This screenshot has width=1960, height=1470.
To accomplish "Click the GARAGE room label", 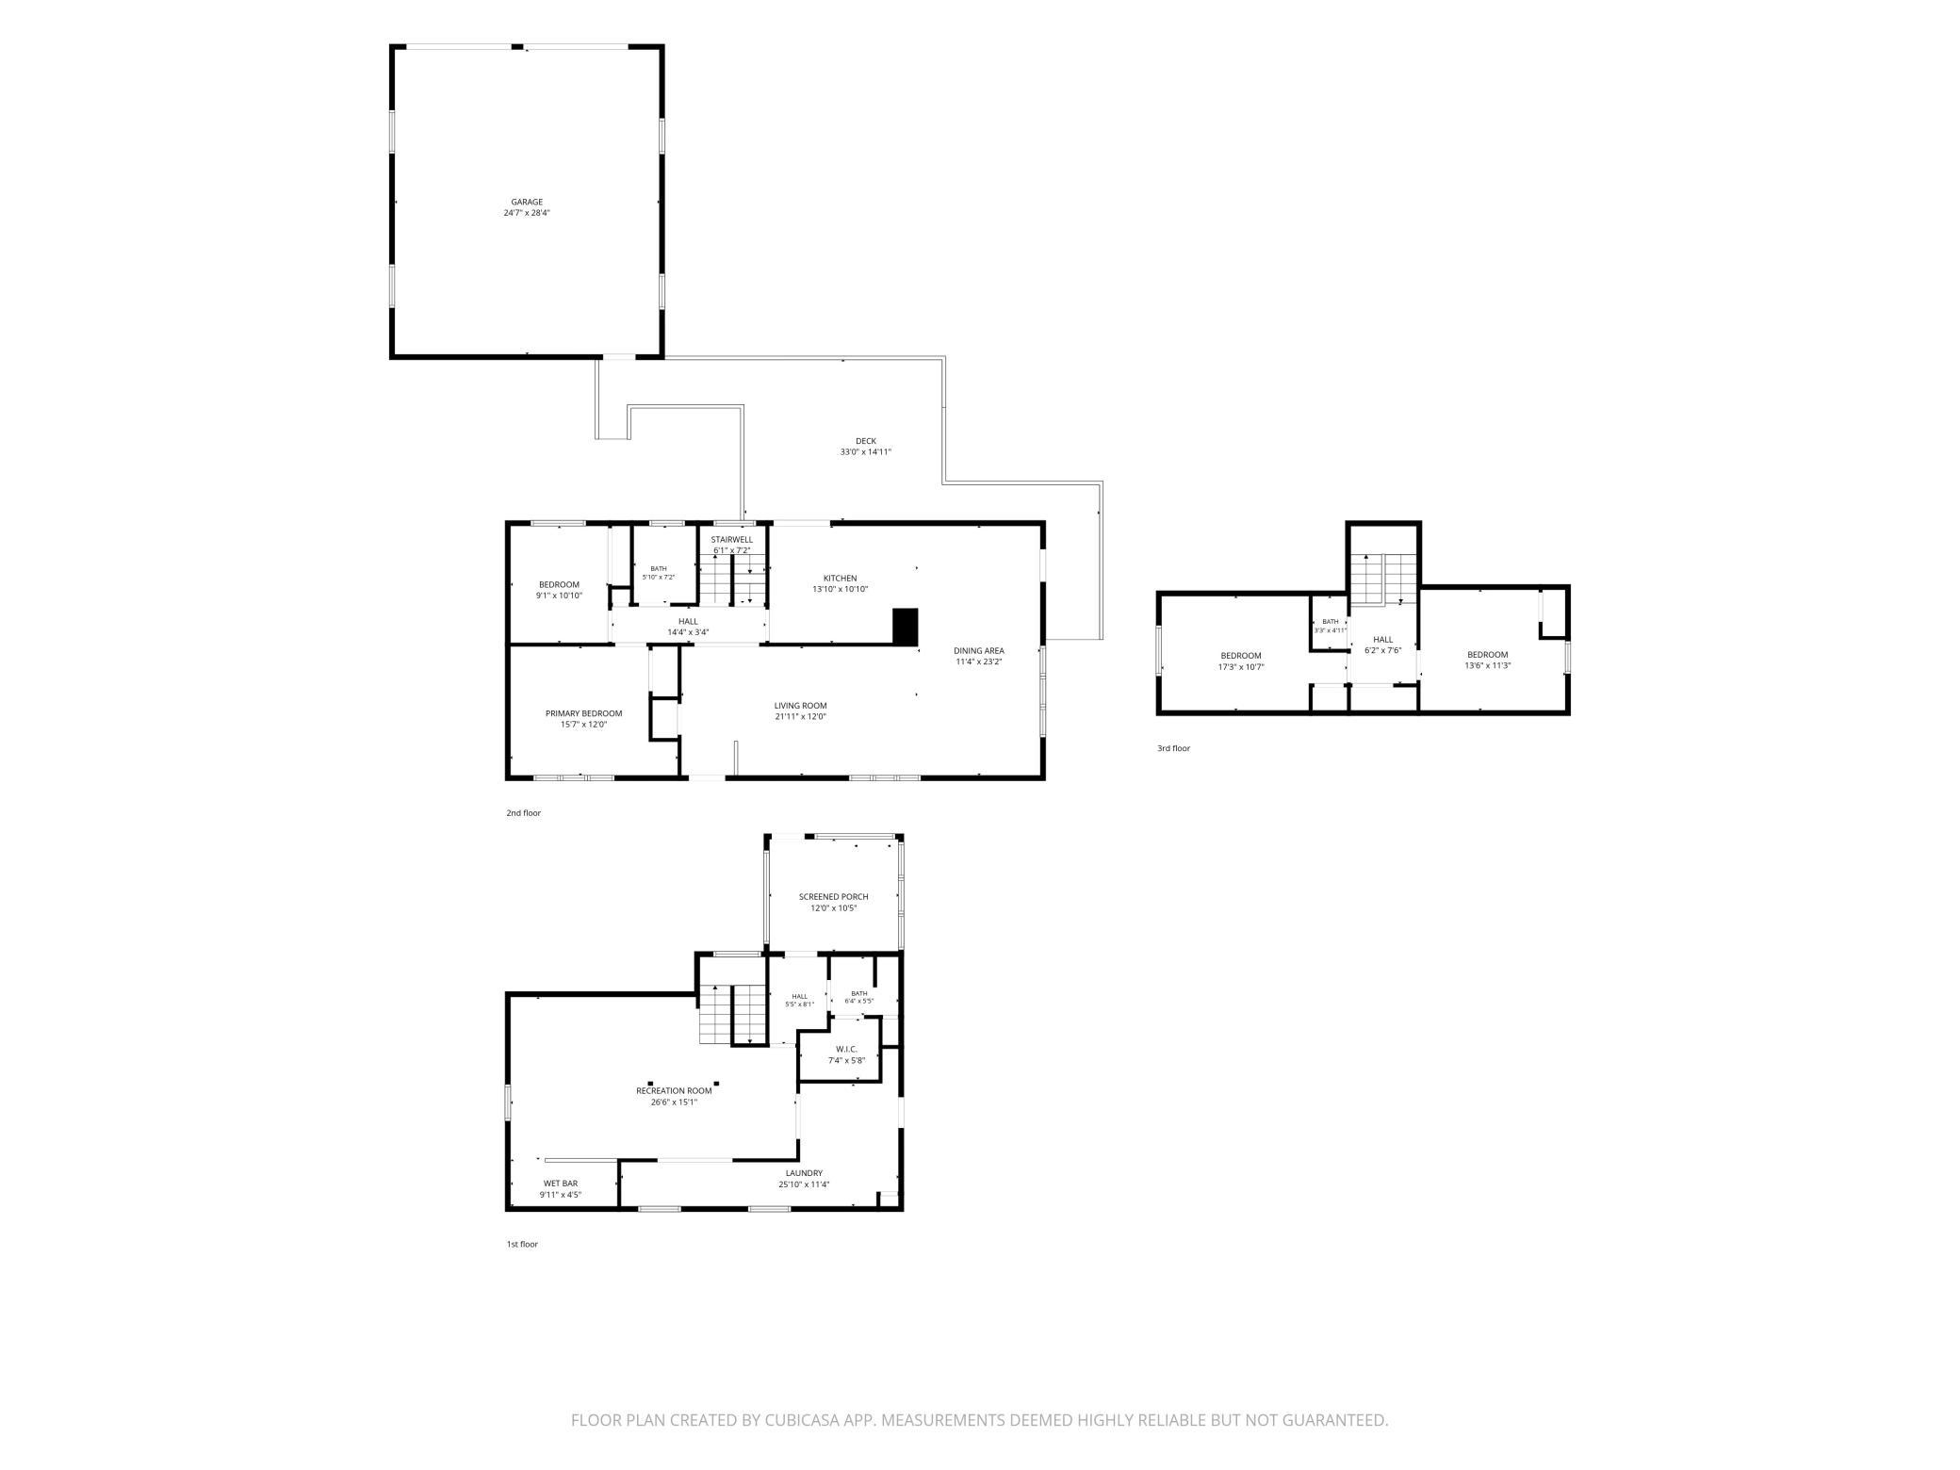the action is [527, 202].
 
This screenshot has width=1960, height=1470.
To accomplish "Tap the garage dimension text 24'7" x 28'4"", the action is [527, 213].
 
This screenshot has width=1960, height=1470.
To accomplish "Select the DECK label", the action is [866, 441].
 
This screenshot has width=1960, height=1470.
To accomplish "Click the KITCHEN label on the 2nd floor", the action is [841, 579].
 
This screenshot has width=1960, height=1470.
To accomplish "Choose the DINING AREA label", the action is [979, 650].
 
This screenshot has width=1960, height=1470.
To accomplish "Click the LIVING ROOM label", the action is [801, 706].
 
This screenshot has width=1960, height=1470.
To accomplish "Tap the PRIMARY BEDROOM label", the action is [584, 713].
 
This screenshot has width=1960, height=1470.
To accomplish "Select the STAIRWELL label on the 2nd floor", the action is [732, 540].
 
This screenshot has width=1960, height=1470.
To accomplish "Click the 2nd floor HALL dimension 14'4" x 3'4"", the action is [688, 632].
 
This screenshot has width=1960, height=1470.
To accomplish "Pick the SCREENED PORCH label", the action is [834, 897].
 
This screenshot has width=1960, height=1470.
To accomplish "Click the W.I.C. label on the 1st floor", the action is [846, 1050].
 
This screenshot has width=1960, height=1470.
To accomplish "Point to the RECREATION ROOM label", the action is [674, 1091].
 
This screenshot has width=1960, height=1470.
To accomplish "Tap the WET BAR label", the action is [561, 1184].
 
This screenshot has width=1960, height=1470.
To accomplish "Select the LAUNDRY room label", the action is [804, 1173].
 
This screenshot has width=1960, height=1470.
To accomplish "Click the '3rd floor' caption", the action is [1174, 748].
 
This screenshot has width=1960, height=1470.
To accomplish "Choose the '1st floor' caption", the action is [522, 1244].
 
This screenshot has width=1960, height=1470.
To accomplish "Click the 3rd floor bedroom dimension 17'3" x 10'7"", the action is [1241, 667].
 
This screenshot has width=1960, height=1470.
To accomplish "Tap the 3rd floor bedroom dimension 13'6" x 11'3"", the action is [1488, 665].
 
